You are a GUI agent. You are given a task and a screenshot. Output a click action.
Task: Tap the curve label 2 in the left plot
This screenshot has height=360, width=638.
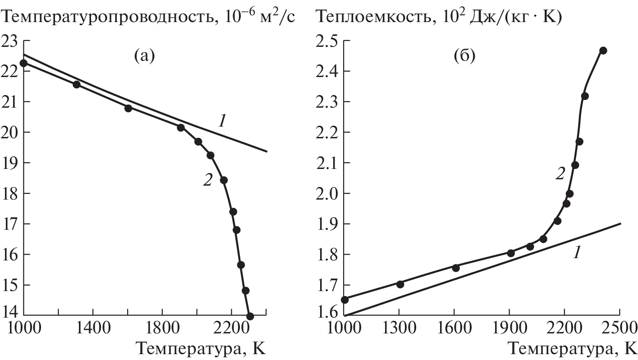point(207,181)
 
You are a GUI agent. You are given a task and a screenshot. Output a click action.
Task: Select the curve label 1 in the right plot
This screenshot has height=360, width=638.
point(576,253)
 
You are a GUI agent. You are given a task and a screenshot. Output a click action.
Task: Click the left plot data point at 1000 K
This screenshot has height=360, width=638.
point(23,63)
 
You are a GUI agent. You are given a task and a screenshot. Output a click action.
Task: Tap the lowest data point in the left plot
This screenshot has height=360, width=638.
point(250,316)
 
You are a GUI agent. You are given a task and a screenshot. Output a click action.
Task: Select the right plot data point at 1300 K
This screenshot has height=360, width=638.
point(400,284)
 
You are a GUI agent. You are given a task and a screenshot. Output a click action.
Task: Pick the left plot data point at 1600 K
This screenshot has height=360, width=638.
point(128,108)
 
